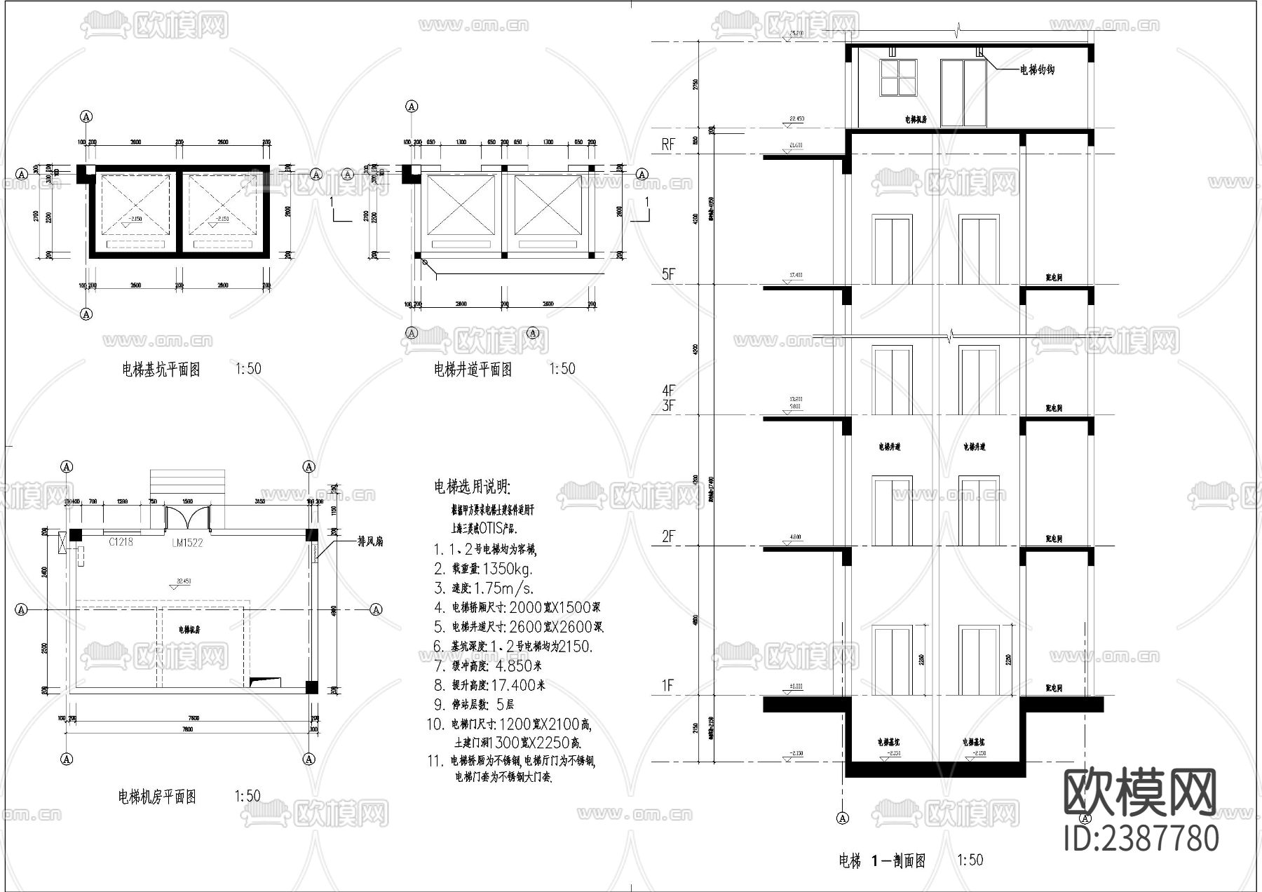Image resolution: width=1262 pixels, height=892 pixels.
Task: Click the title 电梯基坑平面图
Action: (161, 370)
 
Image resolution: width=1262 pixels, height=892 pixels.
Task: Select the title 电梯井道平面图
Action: (473, 370)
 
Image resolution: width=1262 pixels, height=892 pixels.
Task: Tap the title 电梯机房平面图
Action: (157, 797)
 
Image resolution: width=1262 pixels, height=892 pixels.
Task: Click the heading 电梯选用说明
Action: (472, 487)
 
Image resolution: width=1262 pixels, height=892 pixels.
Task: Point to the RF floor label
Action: (667, 144)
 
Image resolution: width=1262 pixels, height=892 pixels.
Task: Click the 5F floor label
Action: (667, 274)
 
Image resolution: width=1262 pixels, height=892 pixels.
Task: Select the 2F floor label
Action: (667, 537)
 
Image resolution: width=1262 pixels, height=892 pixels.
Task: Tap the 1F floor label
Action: (667, 686)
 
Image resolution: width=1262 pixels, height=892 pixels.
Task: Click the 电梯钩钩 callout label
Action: (1036, 70)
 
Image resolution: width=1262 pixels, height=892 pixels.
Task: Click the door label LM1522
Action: (187, 543)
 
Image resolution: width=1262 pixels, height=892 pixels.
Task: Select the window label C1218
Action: (121, 542)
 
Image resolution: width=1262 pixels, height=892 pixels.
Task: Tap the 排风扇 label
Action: (370, 541)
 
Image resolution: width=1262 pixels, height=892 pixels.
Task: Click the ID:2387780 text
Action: (1141, 839)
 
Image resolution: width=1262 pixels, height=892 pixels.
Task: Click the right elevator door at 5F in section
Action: (979, 250)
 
